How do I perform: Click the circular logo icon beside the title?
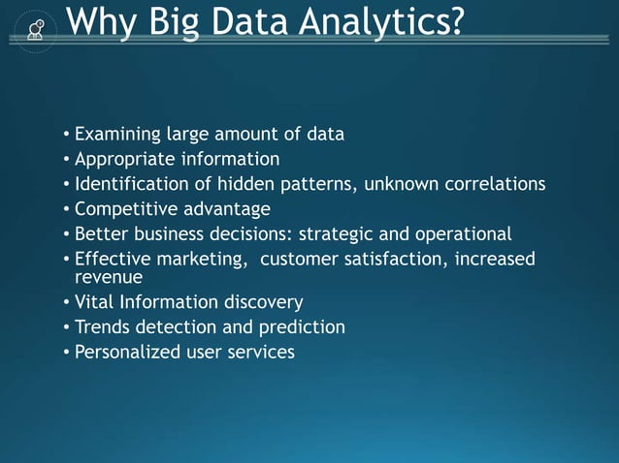coord(36,28)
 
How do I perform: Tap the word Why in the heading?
coord(103,20)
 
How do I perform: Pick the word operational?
coord(462,233)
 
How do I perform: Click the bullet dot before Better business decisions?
coord(66,234)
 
